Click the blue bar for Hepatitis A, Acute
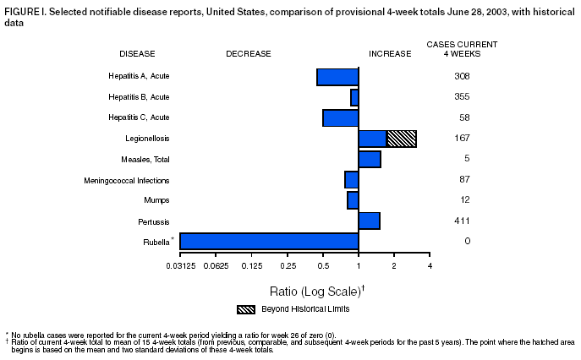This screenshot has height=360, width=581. point(337,77)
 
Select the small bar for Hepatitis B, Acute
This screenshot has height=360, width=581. point(354,97)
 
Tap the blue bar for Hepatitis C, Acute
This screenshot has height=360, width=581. point(340,117)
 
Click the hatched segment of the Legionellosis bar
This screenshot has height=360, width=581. point(402,139)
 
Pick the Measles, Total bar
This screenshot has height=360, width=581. point(370,159)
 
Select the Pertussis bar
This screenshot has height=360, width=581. point(369,221)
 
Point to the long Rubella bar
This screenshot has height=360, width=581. point(269,242)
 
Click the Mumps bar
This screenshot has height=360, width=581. point(353,200)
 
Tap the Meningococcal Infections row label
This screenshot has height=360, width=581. point(127,180)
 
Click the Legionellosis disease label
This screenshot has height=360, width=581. point(147,138)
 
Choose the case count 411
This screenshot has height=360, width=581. point(461,221)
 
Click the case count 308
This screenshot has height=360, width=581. point(461,76)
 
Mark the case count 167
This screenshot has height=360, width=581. point(461,138)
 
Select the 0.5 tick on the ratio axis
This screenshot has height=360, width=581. point(323,266)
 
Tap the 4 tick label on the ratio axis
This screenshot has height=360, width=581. point(430,266)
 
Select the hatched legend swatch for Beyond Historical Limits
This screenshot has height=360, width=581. point(246,309)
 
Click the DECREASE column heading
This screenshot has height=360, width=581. point(248,53)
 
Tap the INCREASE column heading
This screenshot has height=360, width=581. point(390,53)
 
